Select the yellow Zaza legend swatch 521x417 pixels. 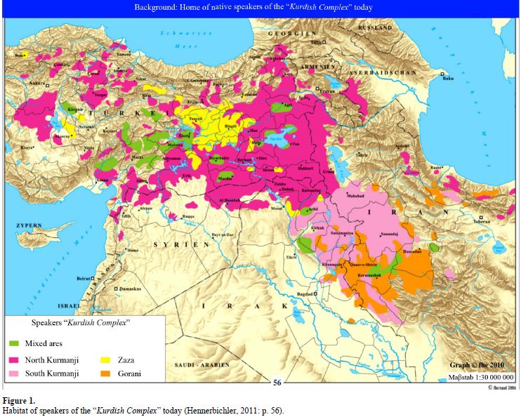pos(103,359)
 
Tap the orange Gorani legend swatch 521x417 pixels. pos(103,373)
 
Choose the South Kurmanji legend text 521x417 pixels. pos(52,373)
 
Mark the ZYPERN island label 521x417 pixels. pos(29,225)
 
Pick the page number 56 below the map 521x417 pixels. pos(278,383)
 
